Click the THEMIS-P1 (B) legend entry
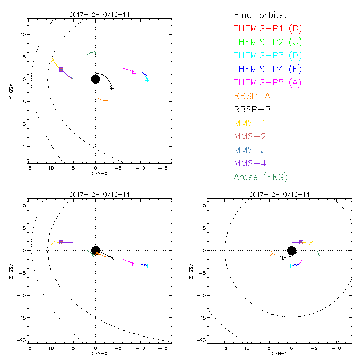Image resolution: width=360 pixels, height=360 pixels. click(268, 29)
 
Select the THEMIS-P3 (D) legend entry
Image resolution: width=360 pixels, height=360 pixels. click(268, 56)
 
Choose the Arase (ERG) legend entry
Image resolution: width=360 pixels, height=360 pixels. click(261, 177)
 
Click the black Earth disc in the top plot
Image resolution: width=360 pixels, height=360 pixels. click(96, 79)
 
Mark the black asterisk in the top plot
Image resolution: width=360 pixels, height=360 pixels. click(112, 88)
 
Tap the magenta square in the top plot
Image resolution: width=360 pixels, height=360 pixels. click(134, 72)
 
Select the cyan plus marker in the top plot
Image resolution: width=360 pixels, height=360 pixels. click(147, 80)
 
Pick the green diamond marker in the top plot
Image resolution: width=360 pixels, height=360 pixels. click(94, 53)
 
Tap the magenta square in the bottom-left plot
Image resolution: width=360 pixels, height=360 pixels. click(134, 264)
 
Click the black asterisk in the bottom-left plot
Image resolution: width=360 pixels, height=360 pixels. click(112, 258)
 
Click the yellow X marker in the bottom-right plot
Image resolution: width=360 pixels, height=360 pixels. click(311, 243)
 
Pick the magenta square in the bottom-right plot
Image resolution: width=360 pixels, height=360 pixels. click(299, 264)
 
